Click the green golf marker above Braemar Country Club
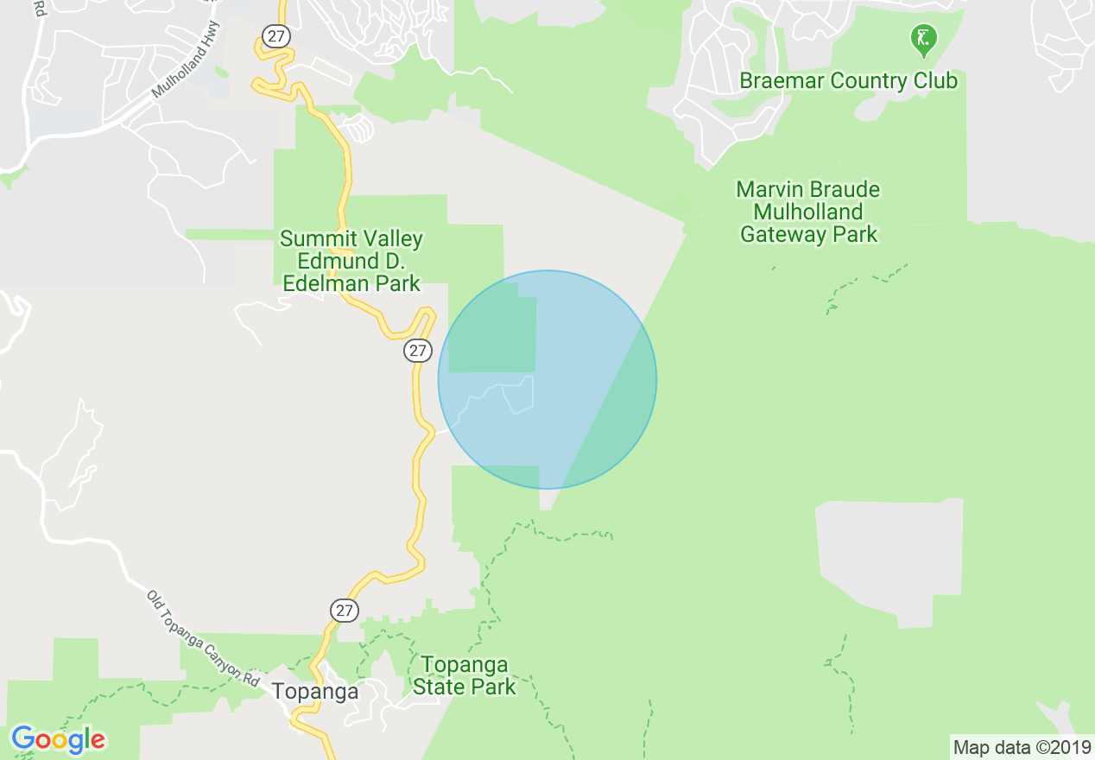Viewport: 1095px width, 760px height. point(923,38)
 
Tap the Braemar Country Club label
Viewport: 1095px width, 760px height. point(848,81)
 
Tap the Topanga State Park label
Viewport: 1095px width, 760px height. point(464,675)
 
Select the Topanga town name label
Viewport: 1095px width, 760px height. point(314,691)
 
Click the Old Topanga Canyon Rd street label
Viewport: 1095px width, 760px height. point(203,638)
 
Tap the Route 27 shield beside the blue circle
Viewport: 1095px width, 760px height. point(418,351)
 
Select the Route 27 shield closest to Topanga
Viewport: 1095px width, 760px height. point(345,611)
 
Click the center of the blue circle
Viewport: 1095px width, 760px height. point(547,379)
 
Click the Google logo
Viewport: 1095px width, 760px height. point(58,740)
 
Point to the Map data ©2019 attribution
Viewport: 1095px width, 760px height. point(1022,746)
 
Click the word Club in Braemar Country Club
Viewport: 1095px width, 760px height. point(934,81)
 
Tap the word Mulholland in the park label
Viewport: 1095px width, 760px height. point(808,212)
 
